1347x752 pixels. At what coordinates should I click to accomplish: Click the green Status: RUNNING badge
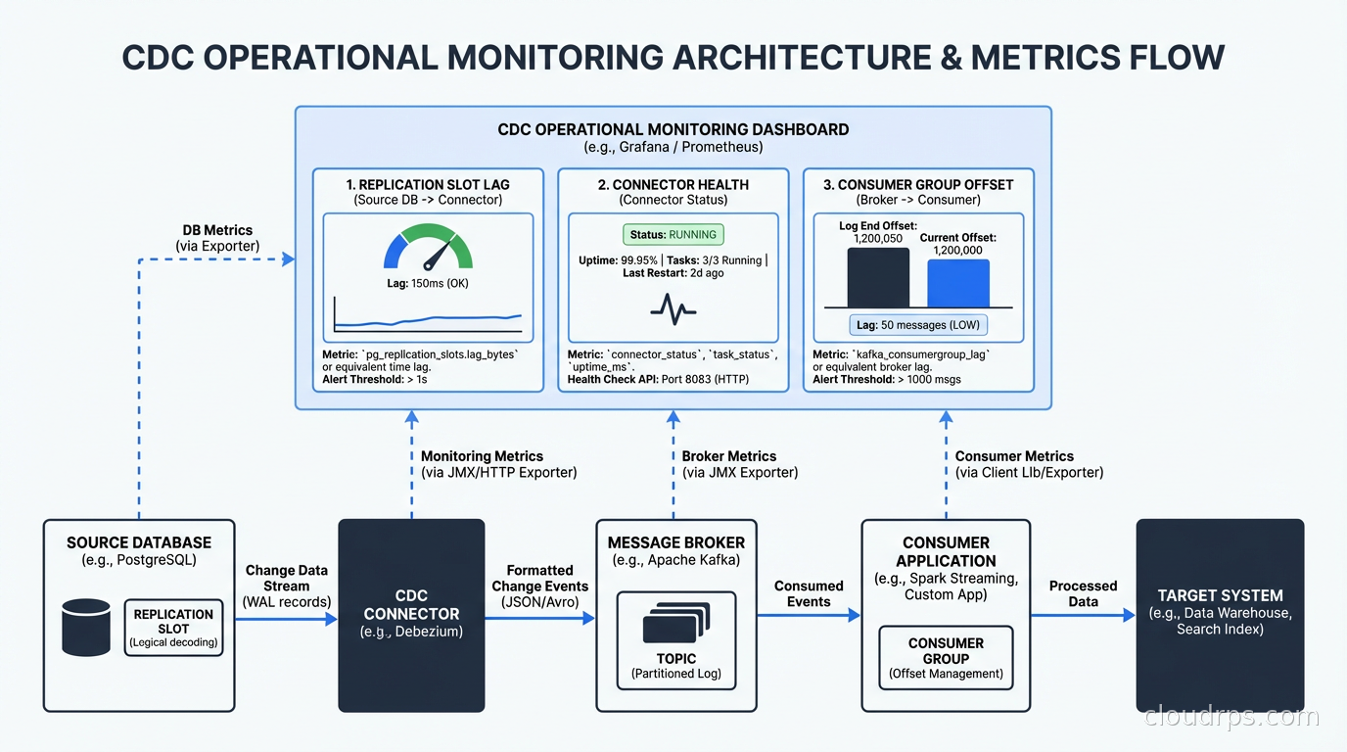(673, 235)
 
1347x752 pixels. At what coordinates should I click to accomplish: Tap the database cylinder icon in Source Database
(86, 628)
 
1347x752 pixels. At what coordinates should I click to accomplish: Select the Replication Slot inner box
(173, 628)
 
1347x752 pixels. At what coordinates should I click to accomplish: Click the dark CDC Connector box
(411, 615)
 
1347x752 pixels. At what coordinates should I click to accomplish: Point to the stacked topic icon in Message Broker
(675, 623)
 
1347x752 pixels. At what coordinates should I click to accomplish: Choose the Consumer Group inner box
(946, 658)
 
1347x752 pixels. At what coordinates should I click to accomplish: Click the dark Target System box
(1220, 615)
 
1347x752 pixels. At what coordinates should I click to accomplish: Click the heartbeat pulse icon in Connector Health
(673, 311)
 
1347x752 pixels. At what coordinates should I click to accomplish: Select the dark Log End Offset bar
(878, 278)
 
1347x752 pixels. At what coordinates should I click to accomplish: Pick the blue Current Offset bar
(957, 284)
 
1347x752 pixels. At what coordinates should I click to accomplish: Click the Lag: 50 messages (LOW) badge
(917, 325)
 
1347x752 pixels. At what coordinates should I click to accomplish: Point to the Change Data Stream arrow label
(286, 586)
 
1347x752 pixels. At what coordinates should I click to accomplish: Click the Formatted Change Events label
(539, 586)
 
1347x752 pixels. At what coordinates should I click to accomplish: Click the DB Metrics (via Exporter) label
(217, 238)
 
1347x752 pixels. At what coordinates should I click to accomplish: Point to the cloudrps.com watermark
(1231, 717)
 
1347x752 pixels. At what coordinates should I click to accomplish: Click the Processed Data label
(1083, 593)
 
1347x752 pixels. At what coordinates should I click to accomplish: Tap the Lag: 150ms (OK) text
(429, 283)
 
